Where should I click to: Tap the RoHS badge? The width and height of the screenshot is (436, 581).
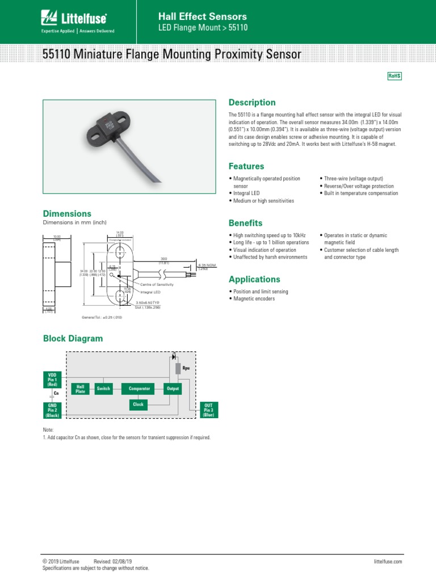point(394,76)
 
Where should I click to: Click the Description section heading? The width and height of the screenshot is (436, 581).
point(251,103)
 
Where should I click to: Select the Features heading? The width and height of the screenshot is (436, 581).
point(246,166)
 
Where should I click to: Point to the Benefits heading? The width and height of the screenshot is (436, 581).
point(245,223)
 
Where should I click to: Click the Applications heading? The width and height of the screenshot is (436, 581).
point(254,279)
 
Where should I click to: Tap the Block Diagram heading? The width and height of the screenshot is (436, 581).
point(73,339)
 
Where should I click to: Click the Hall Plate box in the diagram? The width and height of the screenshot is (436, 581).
point(81,389)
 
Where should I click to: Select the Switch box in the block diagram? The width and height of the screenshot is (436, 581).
point(103,389)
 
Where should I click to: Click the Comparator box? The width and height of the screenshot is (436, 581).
point(139,389)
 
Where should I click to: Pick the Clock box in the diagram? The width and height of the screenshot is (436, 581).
point(139,405)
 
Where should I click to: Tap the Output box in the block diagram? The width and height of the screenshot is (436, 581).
point(173,389)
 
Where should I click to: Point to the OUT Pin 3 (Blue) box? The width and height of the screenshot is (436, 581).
point(208,410)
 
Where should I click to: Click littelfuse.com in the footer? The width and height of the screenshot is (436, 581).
point(388,561)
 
